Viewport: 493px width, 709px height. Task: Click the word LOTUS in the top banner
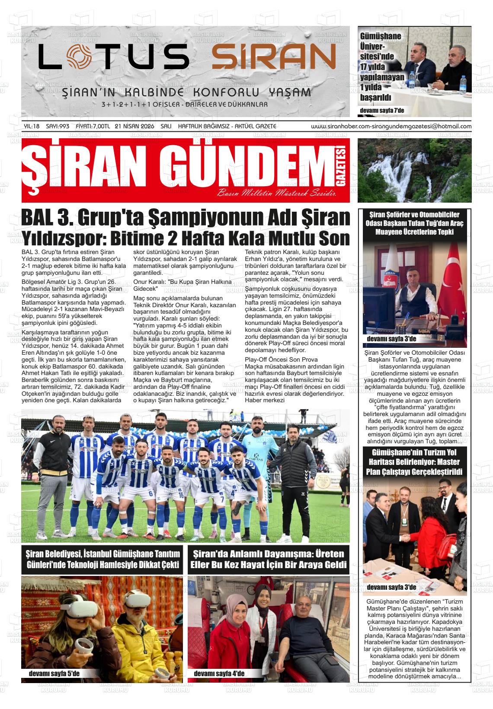[113, 57]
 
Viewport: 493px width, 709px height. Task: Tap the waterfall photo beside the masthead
[414, 170]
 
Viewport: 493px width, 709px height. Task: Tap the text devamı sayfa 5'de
[54, 674]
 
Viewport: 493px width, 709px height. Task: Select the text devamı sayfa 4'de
[219, 674]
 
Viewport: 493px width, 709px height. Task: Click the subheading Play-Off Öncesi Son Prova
[281, 359]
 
